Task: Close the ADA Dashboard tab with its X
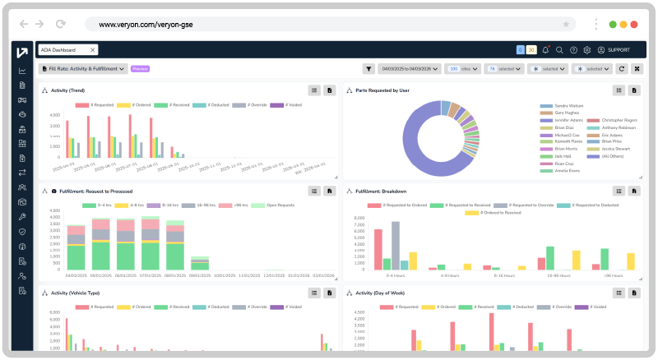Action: (x=93, y=50)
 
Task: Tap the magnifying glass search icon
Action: (x=559, y=50)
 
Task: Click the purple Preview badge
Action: (x=140, y=69)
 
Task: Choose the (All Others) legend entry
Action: (x=614, y=156)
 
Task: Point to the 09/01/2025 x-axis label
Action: (x=199, y=275)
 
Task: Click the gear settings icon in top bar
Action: (x=587, y=50)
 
